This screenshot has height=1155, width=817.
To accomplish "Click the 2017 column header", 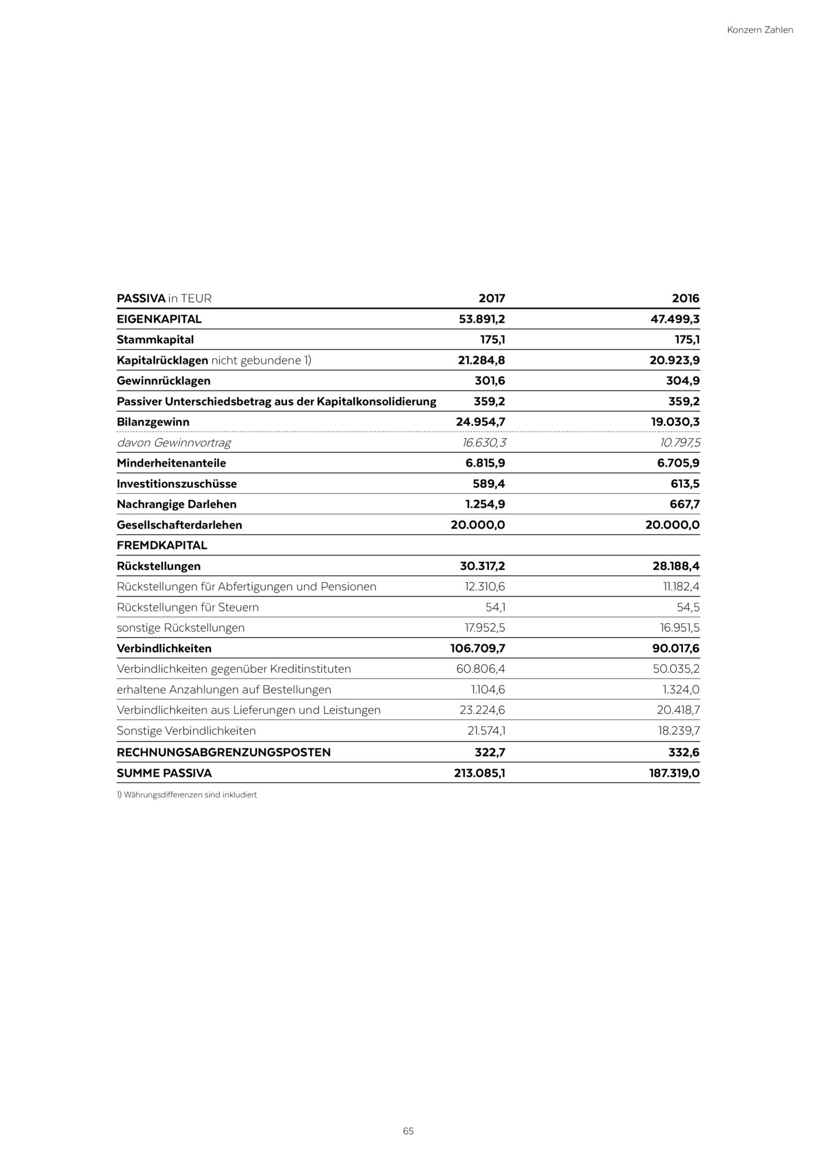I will click(x=492, y=299).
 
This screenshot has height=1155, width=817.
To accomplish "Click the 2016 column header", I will click(x=685, y=299).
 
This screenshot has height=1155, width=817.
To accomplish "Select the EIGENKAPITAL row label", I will click(x=159, y=319).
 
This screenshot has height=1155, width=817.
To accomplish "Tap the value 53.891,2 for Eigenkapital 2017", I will click(x=482, y=319).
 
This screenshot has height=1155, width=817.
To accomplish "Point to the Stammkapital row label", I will click(x=155, y=340).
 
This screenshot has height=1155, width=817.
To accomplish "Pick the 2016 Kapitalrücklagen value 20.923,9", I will click(x=674, y=360).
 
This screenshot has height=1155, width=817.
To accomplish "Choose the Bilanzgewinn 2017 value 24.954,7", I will click(x=481, y=422).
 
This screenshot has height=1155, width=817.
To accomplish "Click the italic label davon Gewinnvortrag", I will click(x=173, y=443).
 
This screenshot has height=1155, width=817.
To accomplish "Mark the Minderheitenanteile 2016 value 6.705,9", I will click(x=678, y=463).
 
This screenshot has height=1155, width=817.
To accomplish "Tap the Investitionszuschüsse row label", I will click(x=176, y=484).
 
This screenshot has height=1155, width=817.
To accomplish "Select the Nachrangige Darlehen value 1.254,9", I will click(x=485, y=505).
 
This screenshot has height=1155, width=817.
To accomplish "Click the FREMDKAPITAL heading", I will click(x=162, y=546).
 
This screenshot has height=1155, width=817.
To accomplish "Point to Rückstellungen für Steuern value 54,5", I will click(x=688, y=608).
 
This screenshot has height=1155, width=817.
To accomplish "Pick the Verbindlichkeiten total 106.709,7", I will click(x=478, y=649).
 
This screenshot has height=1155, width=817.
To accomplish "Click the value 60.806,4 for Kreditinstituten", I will click(x=481, y=669).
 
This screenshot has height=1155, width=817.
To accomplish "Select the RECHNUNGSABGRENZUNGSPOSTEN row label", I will click(x=224, y=752).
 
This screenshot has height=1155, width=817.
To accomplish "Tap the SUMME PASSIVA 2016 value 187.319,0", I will click(x=674, y=773).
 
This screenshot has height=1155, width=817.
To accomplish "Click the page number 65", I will click(x=408, y=1131).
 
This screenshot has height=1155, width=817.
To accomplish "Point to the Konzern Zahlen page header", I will click(x=760, y=30).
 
